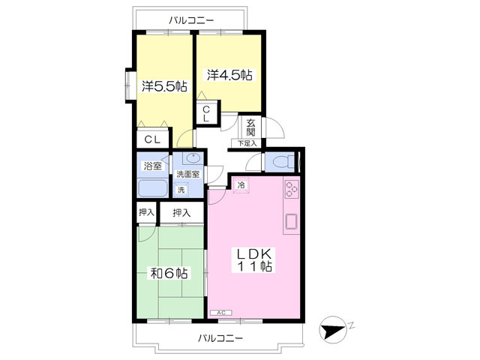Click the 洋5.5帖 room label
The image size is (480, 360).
(164, 86)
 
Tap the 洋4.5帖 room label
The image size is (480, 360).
(229, 75)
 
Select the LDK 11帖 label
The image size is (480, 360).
(255, 260)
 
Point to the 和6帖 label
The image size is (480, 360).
(169, 273)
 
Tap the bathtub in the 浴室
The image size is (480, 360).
(152, 188)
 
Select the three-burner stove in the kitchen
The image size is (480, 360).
(292, 189)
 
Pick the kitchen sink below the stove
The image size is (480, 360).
(292, 222)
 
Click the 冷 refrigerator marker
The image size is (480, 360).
(241, 185)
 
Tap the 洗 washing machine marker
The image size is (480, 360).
(181, 190)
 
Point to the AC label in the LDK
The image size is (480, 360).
(221, 313)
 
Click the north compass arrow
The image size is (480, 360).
(332, 330)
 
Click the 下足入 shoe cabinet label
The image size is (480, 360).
(247, 143)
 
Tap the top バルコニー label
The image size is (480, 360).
(191, 20)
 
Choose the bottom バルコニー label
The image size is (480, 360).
(220, 338)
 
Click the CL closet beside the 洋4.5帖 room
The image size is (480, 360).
(207, 113)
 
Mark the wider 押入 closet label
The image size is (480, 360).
(181, 212)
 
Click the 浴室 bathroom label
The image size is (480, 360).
(152, 166)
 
